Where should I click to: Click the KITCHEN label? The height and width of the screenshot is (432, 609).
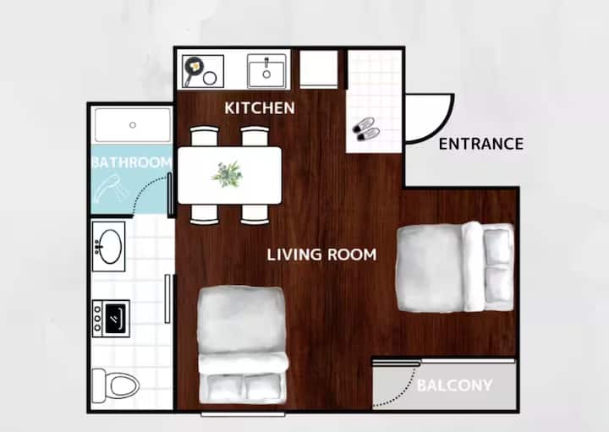coord(260,108)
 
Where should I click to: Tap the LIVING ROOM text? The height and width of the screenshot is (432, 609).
coord(321,254)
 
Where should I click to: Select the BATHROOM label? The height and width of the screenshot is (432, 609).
coord(132,162)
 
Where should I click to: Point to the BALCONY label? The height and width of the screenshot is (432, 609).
coord(454,386)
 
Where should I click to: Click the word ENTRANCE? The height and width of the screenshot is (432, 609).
coord(480,144)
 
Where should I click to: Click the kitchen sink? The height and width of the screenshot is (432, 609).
coord(266,71)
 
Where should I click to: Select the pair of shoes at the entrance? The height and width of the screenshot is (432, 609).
coord(366,129)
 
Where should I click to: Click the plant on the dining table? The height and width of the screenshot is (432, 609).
coord(228,175)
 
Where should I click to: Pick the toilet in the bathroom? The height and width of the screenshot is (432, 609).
coord(116,386)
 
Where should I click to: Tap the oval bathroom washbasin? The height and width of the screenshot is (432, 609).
coord(111,247)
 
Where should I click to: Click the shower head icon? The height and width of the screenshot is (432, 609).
coord(111,189)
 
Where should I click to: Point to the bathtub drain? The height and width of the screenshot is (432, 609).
coord(133,125)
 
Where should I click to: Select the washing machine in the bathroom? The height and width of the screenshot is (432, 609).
coord(111,318)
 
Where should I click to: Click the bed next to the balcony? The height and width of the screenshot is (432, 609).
coord(455,267)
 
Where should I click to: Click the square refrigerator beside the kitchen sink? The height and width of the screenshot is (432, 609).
coord(319,69)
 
